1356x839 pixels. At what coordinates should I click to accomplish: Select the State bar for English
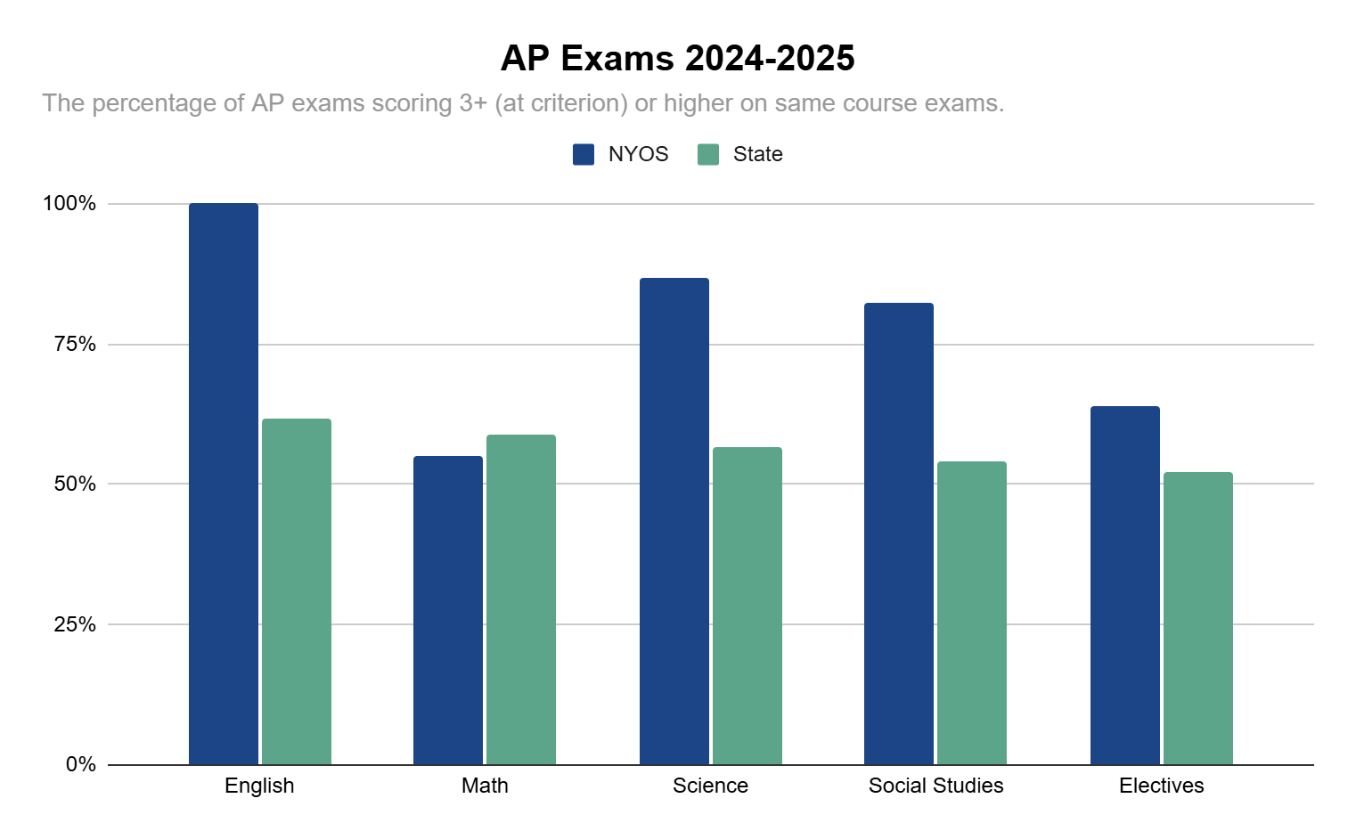pos(297,591)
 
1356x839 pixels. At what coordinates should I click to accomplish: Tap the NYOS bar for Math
pos(448,610)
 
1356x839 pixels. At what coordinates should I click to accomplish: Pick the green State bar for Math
pos(521,599)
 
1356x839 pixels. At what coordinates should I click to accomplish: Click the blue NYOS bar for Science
pos(674,521)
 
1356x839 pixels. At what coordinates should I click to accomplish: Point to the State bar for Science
pos(747,606)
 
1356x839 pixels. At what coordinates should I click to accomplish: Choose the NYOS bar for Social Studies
pos(899,534)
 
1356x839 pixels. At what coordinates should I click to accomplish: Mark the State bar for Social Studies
pos(972,613)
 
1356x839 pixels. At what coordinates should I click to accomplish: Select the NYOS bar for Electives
pos(1125,585)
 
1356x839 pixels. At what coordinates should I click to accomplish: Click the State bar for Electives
pos(1198,618)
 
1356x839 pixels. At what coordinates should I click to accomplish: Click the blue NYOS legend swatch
pos(584,154)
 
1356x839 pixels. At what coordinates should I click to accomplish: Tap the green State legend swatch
pos(708,154)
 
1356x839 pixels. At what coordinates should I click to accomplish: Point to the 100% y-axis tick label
pos(69,203)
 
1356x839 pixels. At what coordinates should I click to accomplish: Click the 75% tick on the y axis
pos(75,344)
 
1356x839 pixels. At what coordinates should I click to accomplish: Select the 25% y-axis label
pos(75,624)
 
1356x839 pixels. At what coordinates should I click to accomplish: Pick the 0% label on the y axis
pos(80,764)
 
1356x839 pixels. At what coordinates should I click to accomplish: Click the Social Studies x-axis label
pos(935,786)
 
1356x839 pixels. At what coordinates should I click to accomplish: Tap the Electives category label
pos(1161,786)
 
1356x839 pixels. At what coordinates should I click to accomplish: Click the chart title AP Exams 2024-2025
pos(677,59)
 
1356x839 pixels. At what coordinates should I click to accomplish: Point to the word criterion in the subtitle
pos(575,103)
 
